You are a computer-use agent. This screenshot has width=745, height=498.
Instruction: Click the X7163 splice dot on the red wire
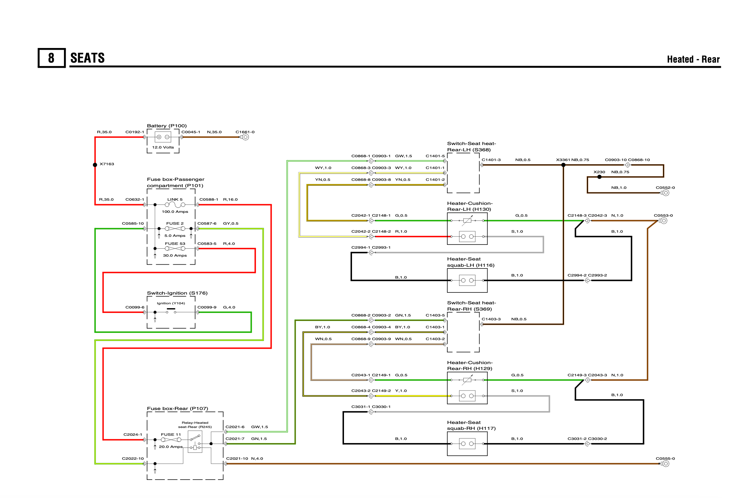pyautogui.click(x=95, y=165)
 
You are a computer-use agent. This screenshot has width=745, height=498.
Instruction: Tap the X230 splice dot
pyautogui.click(x=599, y=177)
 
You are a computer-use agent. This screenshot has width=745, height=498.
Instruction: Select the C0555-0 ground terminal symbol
pyautogui.click(x=665, y=464)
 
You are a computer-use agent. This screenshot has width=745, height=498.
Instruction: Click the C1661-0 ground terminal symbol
pyautogui.click(x=245, y=137)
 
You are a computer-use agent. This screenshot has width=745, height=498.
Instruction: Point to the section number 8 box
pyautogui.click(x=51, y=58)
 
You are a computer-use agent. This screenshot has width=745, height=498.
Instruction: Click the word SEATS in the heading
pyautogui.click(x=87, y=58)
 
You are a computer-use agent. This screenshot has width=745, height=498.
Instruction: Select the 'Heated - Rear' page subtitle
pyautogui.click(x=693, y=59)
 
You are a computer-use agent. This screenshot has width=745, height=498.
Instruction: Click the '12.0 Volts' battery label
pyautogui.click(x=163, y=147)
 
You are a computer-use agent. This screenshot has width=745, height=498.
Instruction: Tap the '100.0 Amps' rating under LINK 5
pyautogui.click(x=175, y=212)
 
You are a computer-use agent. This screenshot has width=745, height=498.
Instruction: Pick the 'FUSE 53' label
pyautogui.click(x=175, y=244)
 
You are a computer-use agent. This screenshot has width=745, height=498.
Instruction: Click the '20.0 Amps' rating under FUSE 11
pyautogui.click(x=171, y=447)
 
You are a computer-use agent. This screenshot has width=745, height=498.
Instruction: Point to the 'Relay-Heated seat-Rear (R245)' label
pyautogui.click(x=195, y=425)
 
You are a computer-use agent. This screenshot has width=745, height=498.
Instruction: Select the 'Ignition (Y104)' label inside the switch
pyautogui.click(x=171, y=303)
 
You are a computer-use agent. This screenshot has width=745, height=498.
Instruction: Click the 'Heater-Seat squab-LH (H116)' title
pyautogui.click(x=471, y=262)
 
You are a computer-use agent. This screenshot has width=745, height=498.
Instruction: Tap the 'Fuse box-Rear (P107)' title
pyautogui.click(x=177, y=409)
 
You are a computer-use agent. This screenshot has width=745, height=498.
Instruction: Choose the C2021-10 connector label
pyautogui.click(x=237, y=459)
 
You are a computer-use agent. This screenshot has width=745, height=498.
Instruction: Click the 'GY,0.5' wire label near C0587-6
pyautogui.click(x=231, y=224)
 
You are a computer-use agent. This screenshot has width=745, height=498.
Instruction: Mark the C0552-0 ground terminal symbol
pyautogui.click(x=665, y=193)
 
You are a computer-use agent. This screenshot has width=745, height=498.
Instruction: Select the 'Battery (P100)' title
pyautogui.click(x=167, y=126)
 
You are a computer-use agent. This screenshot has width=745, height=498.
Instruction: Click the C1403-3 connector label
pyautogui.click(x=491, y=319)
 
